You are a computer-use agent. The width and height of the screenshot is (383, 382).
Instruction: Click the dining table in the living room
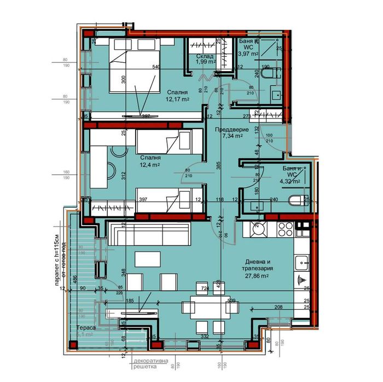click(x=202, y=309)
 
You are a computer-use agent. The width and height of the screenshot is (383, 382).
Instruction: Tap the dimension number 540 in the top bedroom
click(x=157, y=67)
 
